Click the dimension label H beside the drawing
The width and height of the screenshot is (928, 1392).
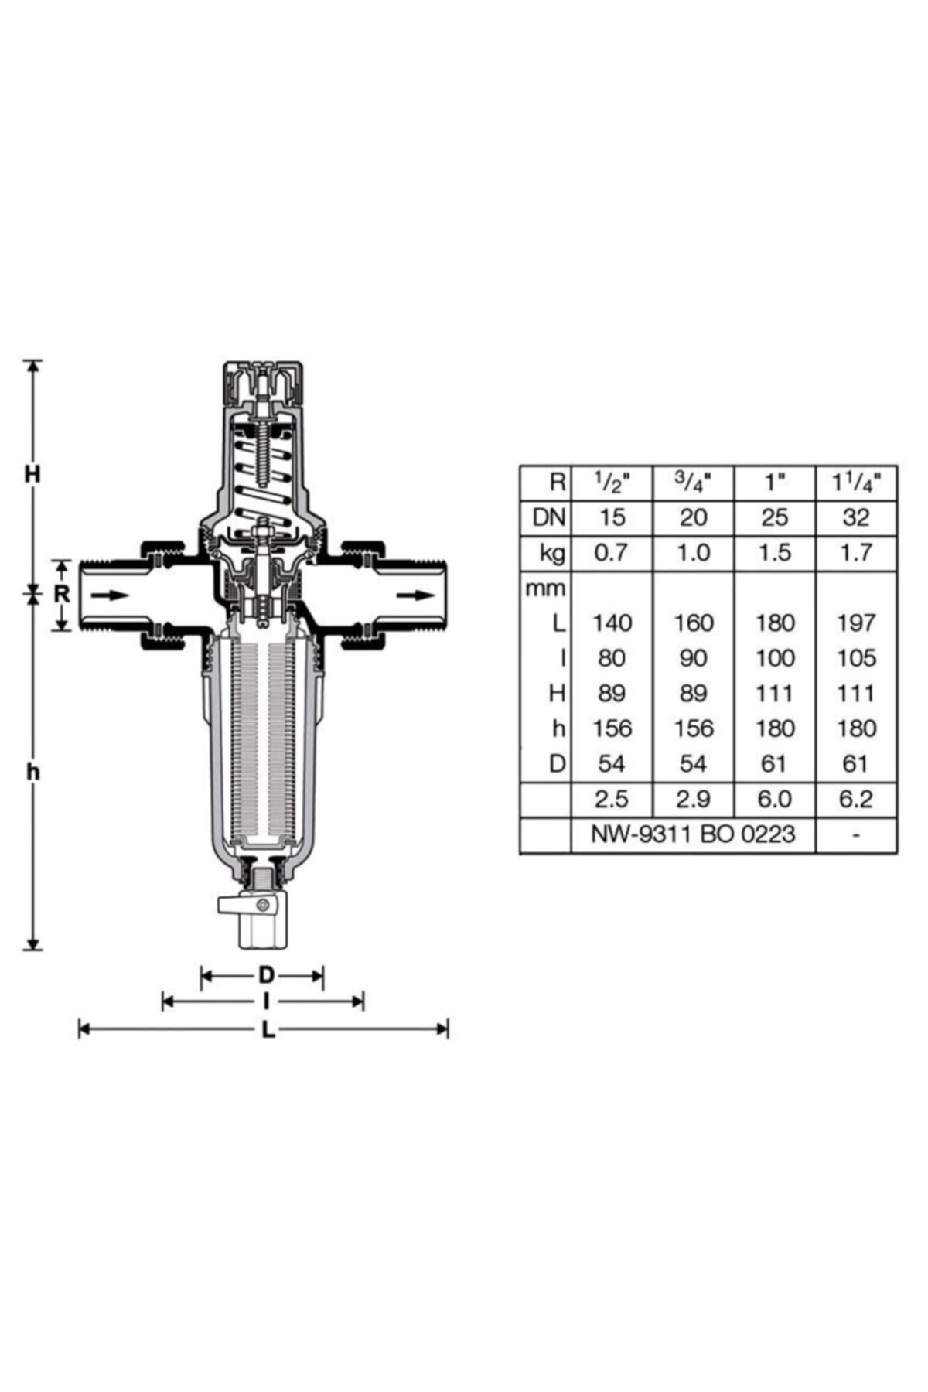click(x=32, y=474)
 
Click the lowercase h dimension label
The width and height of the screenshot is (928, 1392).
click(x=32, y=771)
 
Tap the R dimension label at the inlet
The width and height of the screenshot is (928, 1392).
click(x=63, y=595)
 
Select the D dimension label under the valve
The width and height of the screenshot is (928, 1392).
click(x=266, y=975)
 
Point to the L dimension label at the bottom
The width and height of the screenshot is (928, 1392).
click(x=268, y=1029)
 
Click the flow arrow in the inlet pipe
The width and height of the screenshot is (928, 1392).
click(x=108, y=595)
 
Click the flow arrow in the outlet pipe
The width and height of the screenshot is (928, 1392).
click(x=415, y=595)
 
